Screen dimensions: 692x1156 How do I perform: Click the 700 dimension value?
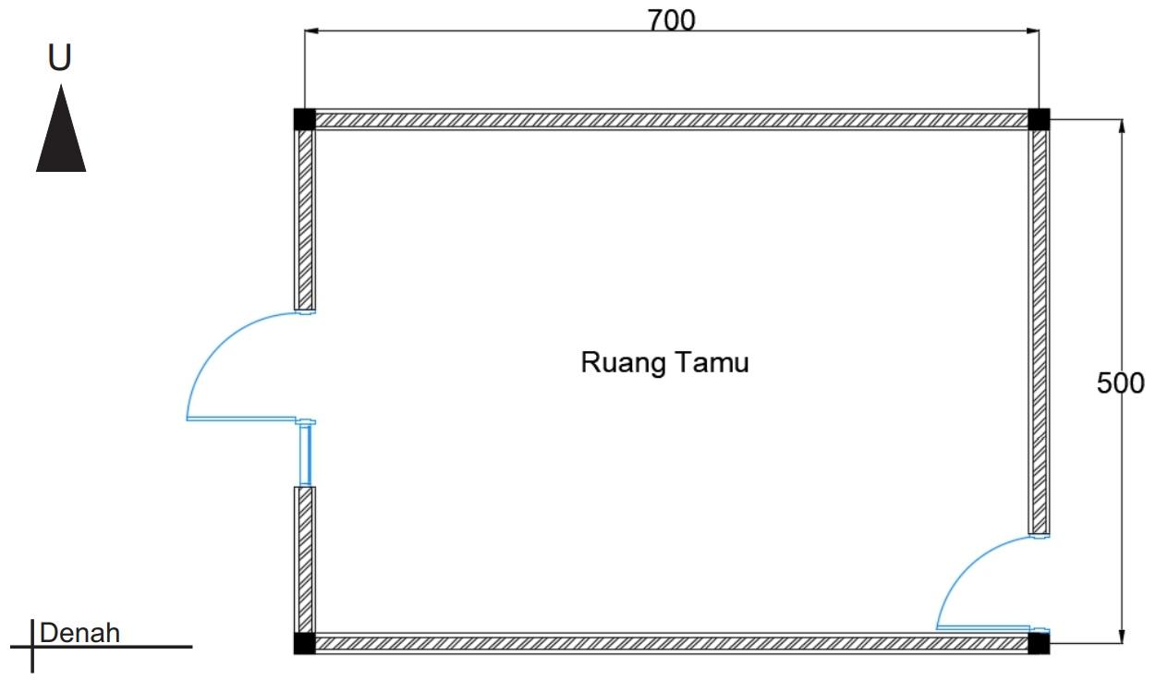pos(671,20)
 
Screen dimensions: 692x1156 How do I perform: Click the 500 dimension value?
pos(1120,382)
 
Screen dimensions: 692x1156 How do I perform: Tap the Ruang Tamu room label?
pos(664,362)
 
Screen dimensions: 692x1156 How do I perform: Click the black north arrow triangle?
pos(61,134)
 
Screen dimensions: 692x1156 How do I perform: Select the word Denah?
pos(80,634)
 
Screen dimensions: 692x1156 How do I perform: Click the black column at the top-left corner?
pos(304,119)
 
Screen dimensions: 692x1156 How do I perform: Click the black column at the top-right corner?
pos(1039,119)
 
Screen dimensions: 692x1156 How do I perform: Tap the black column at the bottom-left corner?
pos(304,643)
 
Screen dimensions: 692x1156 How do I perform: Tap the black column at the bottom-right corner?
pos(1039,643)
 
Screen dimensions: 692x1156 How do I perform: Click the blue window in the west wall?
pos(306,454)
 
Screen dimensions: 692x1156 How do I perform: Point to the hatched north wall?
pos(671,119)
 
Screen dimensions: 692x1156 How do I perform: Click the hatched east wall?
pos(1039,323)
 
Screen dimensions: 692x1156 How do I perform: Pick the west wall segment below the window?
pos(305,558)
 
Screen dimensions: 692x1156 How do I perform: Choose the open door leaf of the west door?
pos(242,419)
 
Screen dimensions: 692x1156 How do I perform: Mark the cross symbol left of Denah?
pos(33,646)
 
